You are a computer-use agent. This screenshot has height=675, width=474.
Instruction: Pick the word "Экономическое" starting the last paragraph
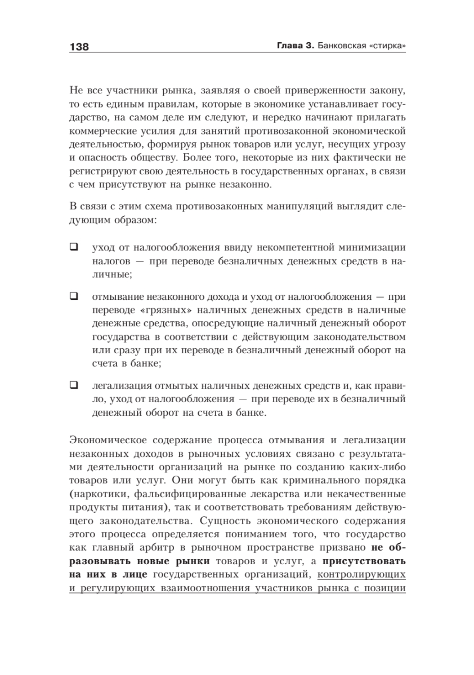click(x=105, y=439)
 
